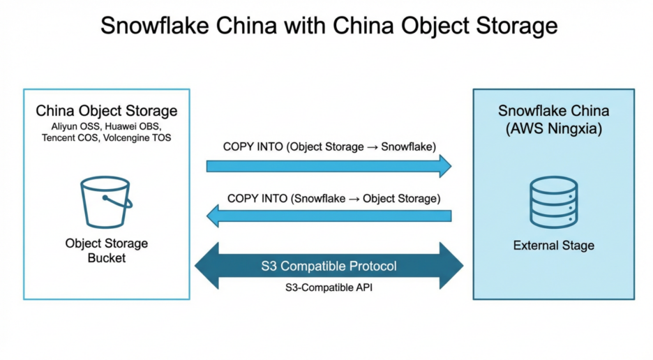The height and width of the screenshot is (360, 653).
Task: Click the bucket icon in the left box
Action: [106, 202]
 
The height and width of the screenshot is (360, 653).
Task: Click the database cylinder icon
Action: [553, 202]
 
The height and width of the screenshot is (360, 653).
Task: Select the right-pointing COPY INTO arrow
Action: [329, 166]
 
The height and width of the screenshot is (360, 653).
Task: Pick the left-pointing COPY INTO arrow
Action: [329, 216]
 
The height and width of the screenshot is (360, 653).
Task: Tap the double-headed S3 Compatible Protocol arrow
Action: [329, 266]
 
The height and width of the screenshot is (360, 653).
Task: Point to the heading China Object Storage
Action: [106, 111]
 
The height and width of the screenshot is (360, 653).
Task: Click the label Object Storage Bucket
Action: [106, 250]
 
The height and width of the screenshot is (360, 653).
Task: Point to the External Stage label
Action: [553, 246]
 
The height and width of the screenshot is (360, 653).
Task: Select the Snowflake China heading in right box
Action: [553, 111]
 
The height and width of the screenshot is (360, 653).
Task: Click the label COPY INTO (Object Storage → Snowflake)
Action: [329, 147]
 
